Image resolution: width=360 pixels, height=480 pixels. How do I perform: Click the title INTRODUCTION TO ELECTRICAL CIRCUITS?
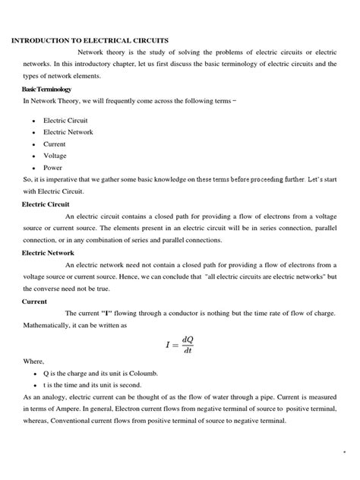pyautogui.click(x=90, y=39)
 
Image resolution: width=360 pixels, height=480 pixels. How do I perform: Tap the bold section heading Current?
pyautogui.click(x=35, y=301)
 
